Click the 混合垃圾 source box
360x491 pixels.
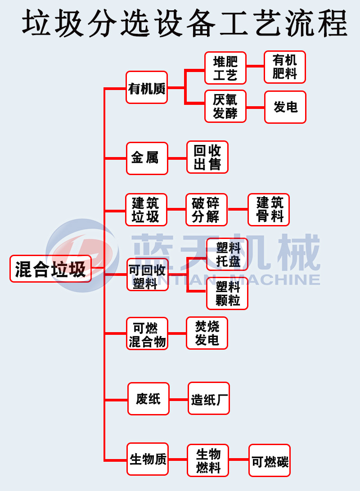pyautogui.click(x=50, y=269)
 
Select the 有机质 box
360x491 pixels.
pyautogui.click(x=147, y=87)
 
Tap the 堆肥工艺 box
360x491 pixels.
pyautogui.click(x=225, y=68)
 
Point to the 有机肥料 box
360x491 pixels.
pyautogui.click(x=284, y=67)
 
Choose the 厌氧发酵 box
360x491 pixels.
pyautogui.click(x=225, y=107)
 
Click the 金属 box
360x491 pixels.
pyautogui.click(x=147, y=158)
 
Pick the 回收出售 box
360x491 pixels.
pyautogui.click(x=207, y=157)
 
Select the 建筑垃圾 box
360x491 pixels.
pyautogui.click(x=146, y=210)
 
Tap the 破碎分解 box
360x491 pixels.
pyautogui.click(x=206, y=210)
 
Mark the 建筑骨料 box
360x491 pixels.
pyautogui.click(x=269, y=210)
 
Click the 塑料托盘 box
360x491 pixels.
pyautogui.click(x=227, y=254)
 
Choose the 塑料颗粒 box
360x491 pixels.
pyautogui.click(x=227, y=293)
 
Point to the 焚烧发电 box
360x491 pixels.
pyautogui.click(x=207, y=333)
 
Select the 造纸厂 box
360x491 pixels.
pyautogui.click(x=209, y=399)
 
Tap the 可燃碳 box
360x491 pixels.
pyautogui.click(x=270, y=460)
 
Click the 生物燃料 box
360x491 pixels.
pyautogui.click(x=208, y=460)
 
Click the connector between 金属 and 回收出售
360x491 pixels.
pyautogui.click(x=177, y=158)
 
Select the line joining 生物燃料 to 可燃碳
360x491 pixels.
pyautogui.click(x=239, y=460)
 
